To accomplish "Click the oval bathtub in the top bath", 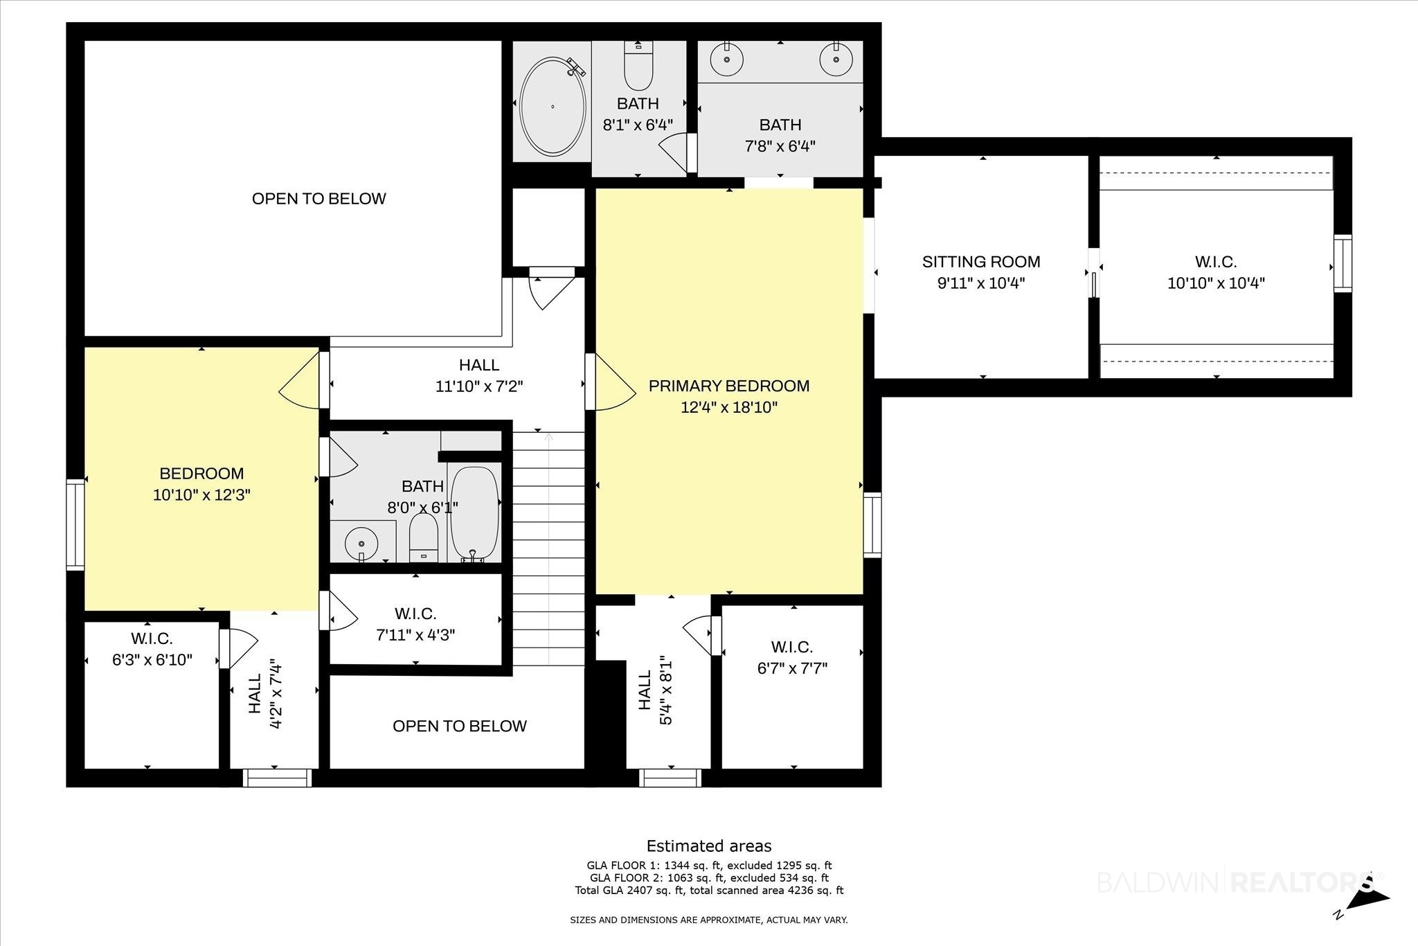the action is [x=553, y=106].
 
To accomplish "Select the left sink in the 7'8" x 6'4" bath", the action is [x=728, y=59].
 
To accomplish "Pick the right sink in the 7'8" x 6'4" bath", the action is [x=836, y=59].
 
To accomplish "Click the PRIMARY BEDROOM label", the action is [x=729, y=386].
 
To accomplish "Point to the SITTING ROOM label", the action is [x=981, y=262].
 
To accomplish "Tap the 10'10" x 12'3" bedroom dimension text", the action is [x=201, y=495].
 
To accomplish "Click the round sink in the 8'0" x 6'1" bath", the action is [x=361, y=541].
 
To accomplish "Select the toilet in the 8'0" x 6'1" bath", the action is [x=424, y=537].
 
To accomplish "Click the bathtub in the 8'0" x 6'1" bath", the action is [x=474, y=512].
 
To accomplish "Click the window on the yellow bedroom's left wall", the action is [x=75, y=525].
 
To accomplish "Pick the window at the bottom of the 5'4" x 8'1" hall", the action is [x=670, y=778].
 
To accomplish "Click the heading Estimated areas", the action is [x=709, y=846].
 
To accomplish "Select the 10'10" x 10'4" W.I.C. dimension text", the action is [x=1217, y=283].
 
